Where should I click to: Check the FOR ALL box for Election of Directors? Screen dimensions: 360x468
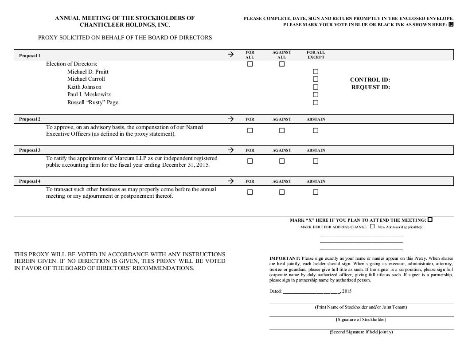250,64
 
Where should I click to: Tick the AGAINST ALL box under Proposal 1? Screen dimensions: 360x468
282,64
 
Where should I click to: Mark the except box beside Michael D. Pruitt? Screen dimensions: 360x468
316,71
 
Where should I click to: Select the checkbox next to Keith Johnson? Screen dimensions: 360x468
316,87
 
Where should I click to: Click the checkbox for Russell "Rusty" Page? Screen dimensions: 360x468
316,102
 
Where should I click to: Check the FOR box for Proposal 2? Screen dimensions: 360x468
250,130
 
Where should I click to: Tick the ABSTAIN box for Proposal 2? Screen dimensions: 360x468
316,130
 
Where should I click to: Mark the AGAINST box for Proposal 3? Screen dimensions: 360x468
282,161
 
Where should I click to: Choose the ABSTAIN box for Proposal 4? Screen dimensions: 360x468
316,192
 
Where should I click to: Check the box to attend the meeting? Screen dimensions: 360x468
430,220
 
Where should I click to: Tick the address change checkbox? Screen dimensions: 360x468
372,227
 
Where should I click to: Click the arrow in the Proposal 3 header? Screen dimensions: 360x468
230,150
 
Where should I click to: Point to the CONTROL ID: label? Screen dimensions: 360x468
370,80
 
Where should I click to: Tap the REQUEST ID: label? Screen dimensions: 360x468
370,87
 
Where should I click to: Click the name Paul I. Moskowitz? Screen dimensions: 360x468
89,94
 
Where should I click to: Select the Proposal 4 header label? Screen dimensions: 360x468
30,181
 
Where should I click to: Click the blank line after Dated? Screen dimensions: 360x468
311,292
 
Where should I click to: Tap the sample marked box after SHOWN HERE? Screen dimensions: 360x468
451,24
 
